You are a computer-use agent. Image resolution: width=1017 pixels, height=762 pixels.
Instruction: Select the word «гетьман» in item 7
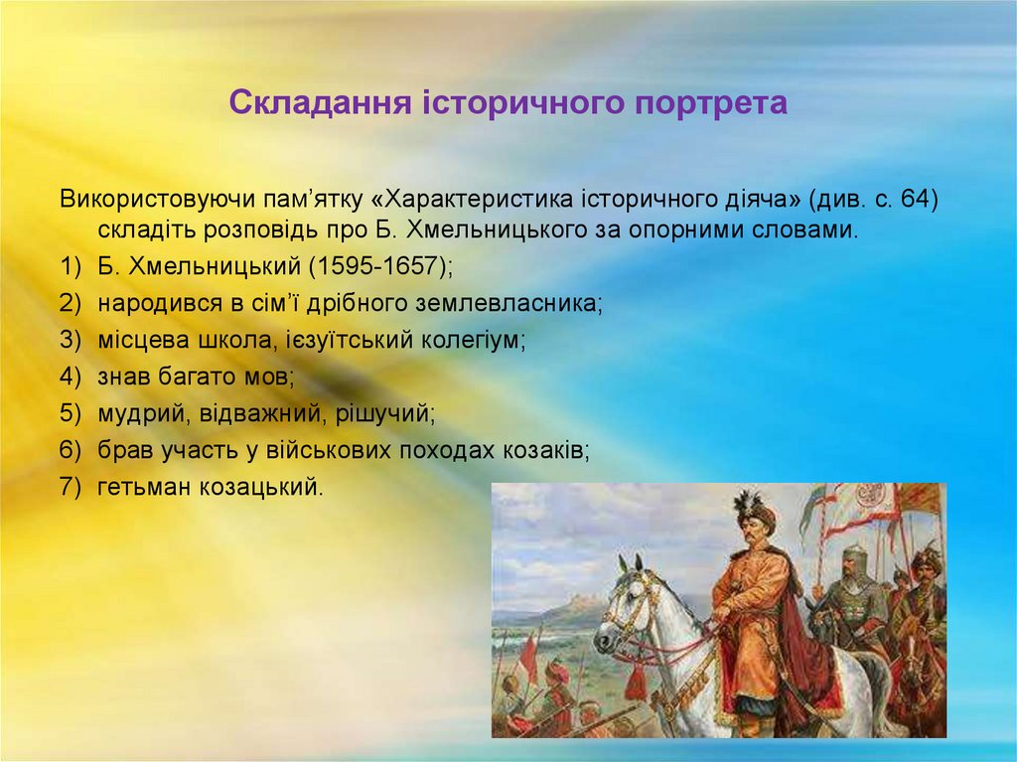pyautogui.click(x=134, y=487)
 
